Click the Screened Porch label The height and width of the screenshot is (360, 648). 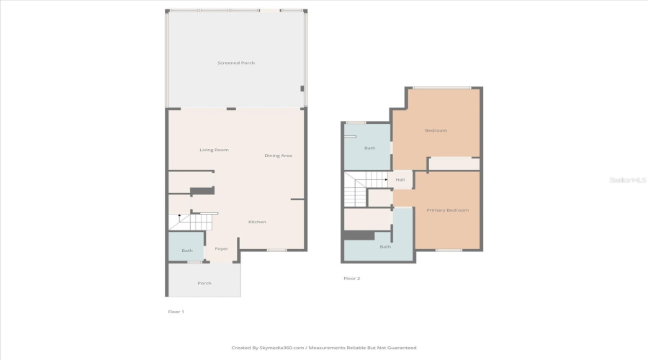[x=236, y=63]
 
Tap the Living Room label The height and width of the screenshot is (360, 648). [x=214, y=150]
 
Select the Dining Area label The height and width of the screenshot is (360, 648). [x=278, y=156]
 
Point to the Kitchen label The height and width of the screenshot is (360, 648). [x=257, y=222]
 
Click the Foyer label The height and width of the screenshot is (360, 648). [x=221, y=249]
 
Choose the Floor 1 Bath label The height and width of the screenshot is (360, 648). [x=187, y=251]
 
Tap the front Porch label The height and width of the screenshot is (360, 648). [x=204, y=283]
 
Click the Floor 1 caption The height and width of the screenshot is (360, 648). [x=176, y=312]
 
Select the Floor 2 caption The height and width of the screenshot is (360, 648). [x=351, y=278]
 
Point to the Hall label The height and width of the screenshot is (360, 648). [x=400, y=179]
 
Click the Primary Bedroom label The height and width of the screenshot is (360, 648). [x=447, y=210]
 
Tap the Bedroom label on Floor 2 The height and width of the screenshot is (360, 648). [x=436, y=130]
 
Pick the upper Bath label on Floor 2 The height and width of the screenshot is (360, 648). [x=369, y=148]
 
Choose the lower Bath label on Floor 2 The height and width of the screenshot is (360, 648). [x=385, y=247]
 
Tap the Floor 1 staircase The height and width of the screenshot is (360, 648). [x=193, y=221]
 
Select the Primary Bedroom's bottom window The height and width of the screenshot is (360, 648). [x=449, y=251]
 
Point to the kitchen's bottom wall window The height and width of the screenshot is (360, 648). [x=276, y=251]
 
